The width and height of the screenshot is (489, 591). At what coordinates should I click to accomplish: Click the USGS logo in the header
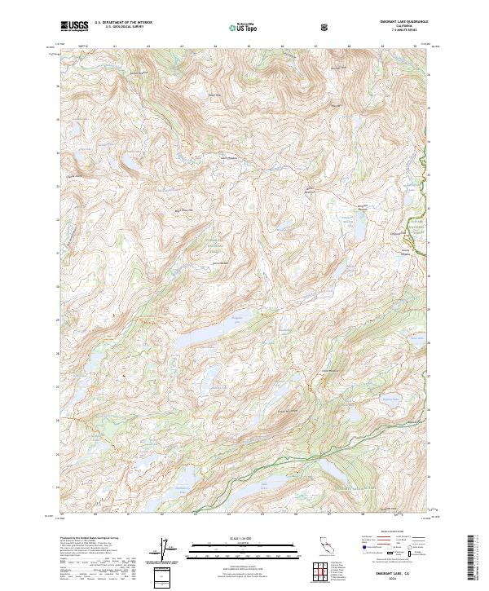pyautogui.click(x=74, y=26)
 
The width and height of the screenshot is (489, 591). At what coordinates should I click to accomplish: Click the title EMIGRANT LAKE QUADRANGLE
pyautogui.click(x=399, y=21)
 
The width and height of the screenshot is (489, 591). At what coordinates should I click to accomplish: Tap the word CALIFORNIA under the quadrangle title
pyautogui.click(x=399, y=25)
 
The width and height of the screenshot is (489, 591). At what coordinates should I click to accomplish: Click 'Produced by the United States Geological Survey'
pyautogui.click(x=86, y=538)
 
